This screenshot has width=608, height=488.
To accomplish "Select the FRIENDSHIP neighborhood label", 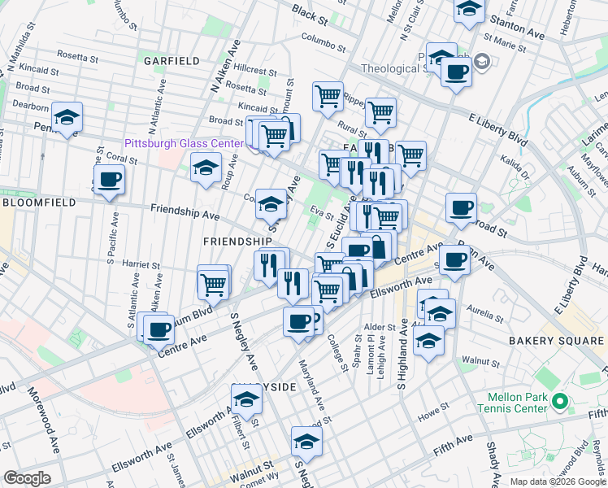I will (237, 242).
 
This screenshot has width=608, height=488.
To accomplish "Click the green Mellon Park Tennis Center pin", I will (558, 401).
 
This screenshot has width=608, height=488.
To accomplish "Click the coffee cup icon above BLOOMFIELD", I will (109, 179).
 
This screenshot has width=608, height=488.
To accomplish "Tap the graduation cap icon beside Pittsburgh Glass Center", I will (206, 168).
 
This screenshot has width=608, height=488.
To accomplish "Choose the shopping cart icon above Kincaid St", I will (328, 96).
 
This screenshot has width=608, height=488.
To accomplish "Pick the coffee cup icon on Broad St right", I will (461, 207).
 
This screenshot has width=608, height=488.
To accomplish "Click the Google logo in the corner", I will (27, 478).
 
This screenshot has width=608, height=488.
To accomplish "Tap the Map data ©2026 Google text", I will (557, 481).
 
